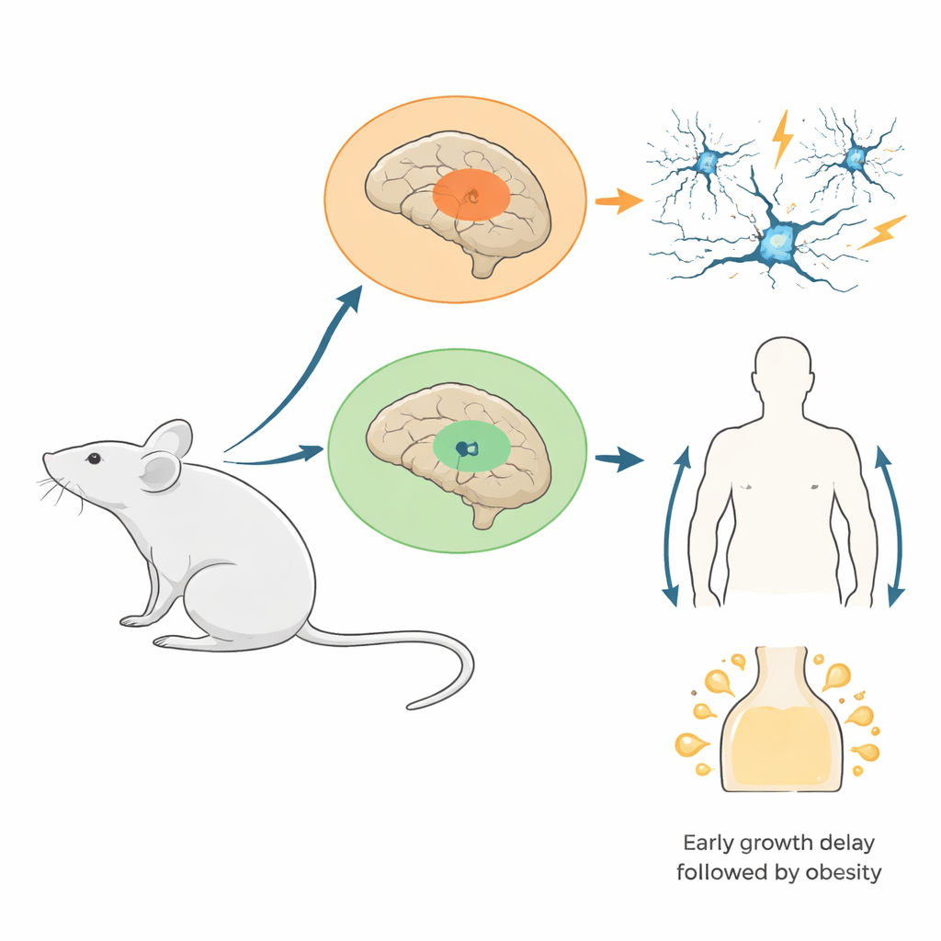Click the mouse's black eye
click(x=94, y=458)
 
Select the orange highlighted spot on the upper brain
click(x=470, y=195)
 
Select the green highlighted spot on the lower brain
click(x=470, y=448)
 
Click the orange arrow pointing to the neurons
click(x=618, y=199)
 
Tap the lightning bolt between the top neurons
click(x=782, y=137)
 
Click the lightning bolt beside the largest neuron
click(x=881, y=232)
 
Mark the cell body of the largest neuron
click(x=777, y=241)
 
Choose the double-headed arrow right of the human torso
click(x=890, y=526)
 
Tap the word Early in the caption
click(x=711, y=843)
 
